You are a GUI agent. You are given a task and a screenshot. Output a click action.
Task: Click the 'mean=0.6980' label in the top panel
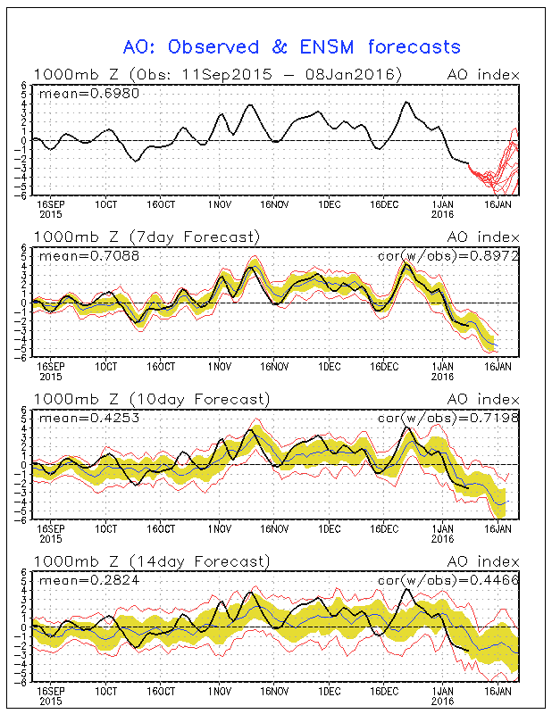point(76,93)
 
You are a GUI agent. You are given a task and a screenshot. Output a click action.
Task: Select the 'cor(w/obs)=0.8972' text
point(447,256)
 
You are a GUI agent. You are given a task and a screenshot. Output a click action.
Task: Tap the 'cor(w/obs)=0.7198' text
point(447,419)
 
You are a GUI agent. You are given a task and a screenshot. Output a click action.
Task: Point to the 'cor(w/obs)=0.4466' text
point(447,581)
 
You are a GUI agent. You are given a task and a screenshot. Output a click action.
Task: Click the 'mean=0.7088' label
point(76,256)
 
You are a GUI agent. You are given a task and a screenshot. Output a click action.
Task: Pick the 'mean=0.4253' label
point(76,419)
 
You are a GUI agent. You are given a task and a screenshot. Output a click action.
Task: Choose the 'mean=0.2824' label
point(76,581)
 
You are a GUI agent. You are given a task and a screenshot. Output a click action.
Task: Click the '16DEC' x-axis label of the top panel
point(386,203)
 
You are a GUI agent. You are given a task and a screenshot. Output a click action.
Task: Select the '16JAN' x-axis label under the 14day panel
point(498,691)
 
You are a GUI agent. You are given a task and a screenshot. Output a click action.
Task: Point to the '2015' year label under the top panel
point(50,213)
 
